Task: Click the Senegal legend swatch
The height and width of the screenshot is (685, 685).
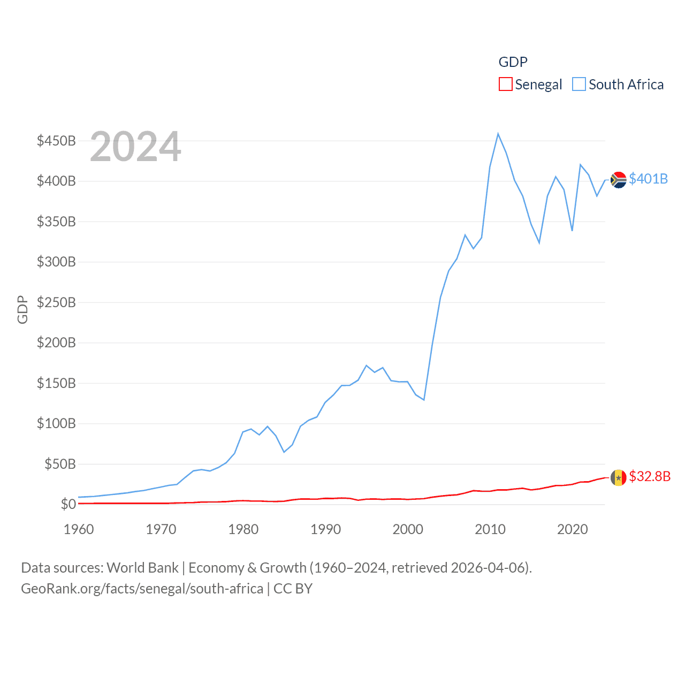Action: pos(505,85)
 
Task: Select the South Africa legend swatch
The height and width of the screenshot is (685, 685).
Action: pos(579,85)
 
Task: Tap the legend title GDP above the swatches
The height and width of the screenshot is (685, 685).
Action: pos(513,62)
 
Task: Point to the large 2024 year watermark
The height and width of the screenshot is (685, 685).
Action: pos(135,147)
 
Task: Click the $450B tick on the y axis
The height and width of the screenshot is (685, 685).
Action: pos(56,141)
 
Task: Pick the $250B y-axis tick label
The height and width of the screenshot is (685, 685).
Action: pos(56,302)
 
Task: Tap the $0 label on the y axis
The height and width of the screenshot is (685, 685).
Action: pos(68,504)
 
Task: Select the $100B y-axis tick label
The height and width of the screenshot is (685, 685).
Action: pos(56,423)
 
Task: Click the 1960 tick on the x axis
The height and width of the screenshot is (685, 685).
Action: pos(79,529)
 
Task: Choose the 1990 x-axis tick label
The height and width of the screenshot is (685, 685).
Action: pos(325,529)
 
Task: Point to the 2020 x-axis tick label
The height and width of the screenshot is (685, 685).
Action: pos(572,529)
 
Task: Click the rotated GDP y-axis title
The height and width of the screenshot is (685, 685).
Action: pos(22,309)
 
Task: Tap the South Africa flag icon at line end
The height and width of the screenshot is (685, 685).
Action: pos(618,180)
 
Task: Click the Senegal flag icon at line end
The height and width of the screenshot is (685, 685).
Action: pos(618,477)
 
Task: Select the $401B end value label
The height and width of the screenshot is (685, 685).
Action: pos(648,179)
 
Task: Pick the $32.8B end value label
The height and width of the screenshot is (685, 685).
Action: pos(649,476)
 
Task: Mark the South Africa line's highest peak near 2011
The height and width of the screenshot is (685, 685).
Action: pos(498,134)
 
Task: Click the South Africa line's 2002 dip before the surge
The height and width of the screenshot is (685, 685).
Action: pos(424,400)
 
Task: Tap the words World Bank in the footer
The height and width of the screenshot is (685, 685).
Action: pos(142,567)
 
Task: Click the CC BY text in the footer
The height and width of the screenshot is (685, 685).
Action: pos(293,589)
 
